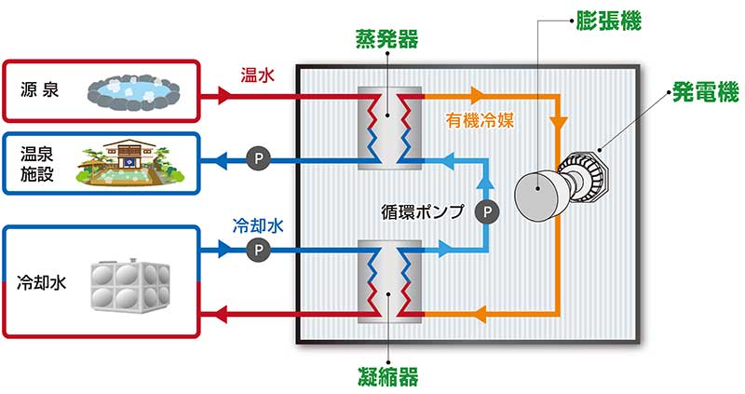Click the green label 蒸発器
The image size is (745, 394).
click(x=386, y=38)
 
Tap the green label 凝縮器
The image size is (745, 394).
click(x=386, y=376)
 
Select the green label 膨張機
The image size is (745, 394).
click(x=610, y=19)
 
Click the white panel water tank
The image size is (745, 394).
click(x=129, y=283)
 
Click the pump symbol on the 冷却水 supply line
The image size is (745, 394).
click(x=257, y=249)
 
